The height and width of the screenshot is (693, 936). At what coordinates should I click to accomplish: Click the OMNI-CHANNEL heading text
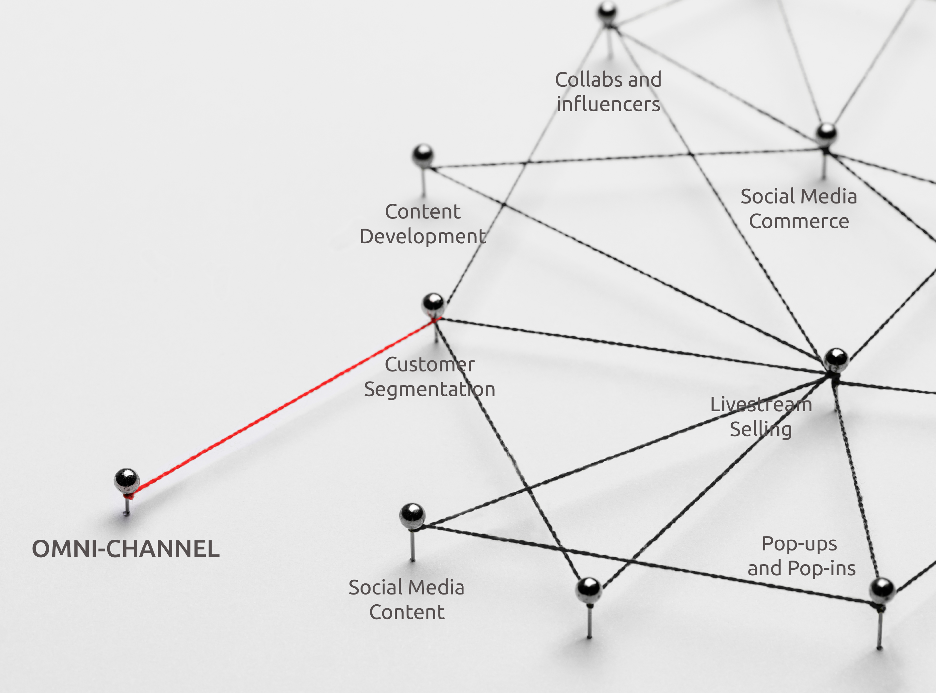click(126, 549)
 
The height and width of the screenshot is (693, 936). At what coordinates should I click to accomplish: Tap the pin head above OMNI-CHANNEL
click(126, 481)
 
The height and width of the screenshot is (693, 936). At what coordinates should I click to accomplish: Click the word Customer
click(429, 365)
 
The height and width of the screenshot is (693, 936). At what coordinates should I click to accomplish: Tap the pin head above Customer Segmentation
click(433, 304)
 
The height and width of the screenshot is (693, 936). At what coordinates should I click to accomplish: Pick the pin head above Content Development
click(423, 155)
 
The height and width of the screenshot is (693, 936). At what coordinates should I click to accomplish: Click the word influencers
click(608, 104)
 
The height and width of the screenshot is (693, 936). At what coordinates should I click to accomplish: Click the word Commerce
click(799, 221)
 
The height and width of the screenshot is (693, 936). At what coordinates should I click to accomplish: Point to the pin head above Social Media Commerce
click(826, 133)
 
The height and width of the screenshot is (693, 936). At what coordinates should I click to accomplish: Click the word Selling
click(761, 429)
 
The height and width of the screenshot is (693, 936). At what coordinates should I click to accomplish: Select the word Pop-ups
click(799, 544)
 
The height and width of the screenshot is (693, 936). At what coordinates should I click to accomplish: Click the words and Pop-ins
click(801, 569)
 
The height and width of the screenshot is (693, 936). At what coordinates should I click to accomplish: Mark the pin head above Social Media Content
click(412, 516)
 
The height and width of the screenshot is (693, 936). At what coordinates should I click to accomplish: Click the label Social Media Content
click(406, 600)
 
